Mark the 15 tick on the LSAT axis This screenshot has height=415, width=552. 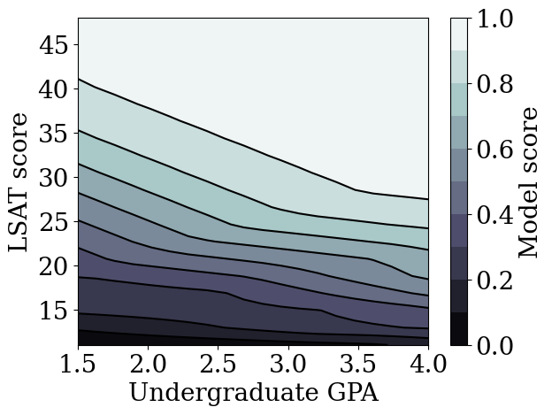[55, 311]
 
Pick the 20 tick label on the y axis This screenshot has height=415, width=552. [55, 266]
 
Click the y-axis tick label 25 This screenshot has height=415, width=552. [55, 222]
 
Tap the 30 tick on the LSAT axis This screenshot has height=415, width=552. [55, 178]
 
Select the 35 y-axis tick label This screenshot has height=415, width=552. [55, 134]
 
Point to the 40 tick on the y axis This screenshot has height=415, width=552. [55, 89]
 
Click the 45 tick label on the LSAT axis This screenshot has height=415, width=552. [55, 45]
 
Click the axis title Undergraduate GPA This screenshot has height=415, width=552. [253, 394]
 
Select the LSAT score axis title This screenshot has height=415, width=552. [19, 181]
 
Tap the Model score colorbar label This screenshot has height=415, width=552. [528, 181]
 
